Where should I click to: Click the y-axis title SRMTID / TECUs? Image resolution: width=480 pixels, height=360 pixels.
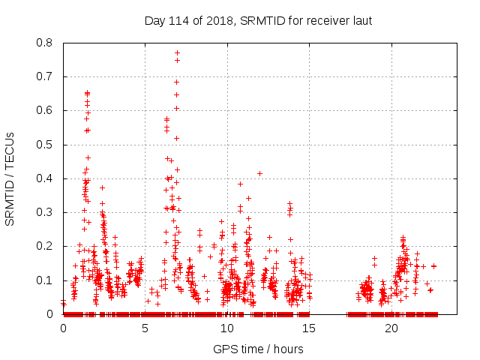click(x=10, y=178)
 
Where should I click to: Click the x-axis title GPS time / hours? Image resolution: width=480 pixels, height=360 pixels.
click(x=259, y=349)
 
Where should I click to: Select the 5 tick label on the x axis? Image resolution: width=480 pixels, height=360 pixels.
click(x=145, y=328)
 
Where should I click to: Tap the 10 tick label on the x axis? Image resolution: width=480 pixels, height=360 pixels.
click(x=227, y=328)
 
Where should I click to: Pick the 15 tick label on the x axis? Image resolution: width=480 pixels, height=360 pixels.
click(x=310, y=328)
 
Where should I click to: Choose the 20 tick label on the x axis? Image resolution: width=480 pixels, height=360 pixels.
click(x=391, y=328)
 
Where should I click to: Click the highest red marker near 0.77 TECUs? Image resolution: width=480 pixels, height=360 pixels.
click(x=177, y=52)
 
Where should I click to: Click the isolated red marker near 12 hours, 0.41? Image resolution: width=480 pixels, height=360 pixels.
click(x=259, y=173)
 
